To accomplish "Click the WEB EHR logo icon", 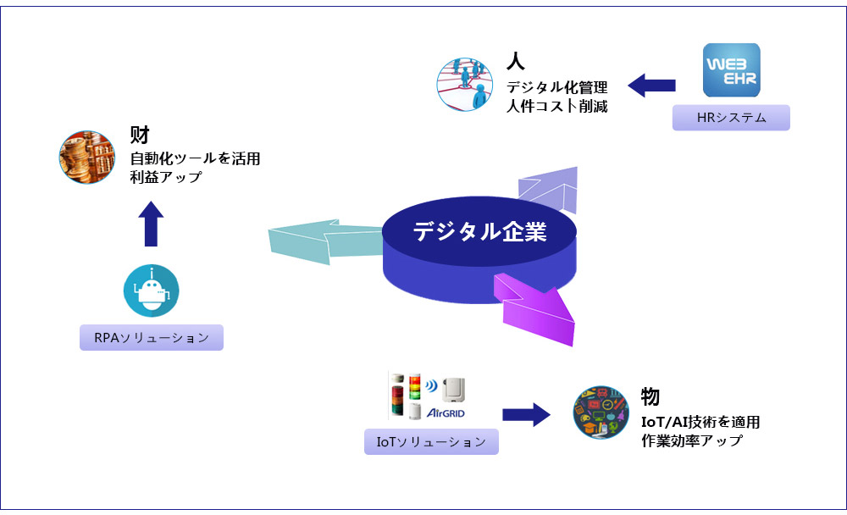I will pos(732,70).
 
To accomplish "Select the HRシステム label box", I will pos(731,118).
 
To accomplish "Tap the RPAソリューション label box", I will pos(152,337).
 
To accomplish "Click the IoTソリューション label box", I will pos(431,441).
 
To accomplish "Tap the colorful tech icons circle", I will pos(601,412).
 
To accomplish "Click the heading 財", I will pos(140,135).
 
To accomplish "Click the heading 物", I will pos(650,396).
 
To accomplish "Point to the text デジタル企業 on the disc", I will pos(479,231).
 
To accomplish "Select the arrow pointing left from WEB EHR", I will pos(651,85).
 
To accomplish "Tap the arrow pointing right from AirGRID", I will pos(526,413).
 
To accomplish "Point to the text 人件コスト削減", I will pos(556,107).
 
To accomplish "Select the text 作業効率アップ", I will pos(691,440).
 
